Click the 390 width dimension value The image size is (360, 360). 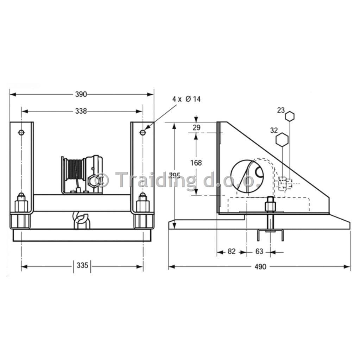click(x=81, y=94)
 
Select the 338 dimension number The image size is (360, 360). click(x=81, y=111)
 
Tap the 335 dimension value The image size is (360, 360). click(x=82, y=265)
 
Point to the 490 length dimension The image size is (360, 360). click(x=260, y=267)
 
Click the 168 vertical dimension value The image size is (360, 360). click(x=196, y=163)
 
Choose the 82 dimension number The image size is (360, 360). click(x=232, y=251)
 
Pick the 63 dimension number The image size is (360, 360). click(x=259, y=251)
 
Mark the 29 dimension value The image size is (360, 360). click(x=196, y=127)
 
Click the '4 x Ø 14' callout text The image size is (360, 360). click(x=187, y=99)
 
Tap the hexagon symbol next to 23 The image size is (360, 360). click(x=290, y=116)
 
